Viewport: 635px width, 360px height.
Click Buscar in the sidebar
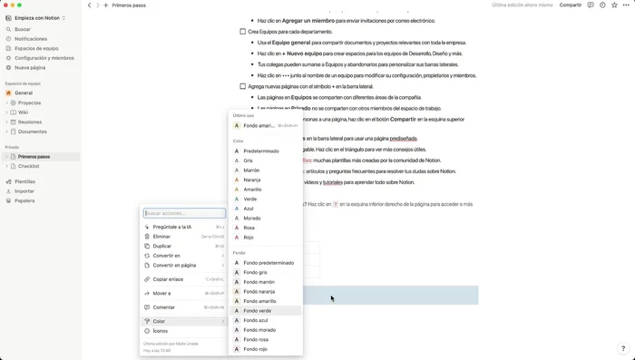[23, 29]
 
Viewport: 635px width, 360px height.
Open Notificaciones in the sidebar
[31, 39]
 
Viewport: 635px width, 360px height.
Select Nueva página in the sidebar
[30, 67]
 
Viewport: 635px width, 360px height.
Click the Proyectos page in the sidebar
[30, 102]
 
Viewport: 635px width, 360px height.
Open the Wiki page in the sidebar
[24, 112]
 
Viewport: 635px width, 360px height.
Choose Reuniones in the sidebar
[30, 122]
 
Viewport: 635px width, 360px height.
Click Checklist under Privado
[28, 166]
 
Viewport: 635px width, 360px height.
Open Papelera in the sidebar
[24, 200]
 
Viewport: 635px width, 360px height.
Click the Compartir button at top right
[571, 5]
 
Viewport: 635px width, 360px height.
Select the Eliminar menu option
[161, 237]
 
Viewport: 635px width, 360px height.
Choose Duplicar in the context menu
[162, 246]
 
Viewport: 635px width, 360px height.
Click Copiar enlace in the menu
[168, 279]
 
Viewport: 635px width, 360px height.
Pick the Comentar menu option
[163, 307]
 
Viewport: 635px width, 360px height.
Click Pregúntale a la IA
[172, 227]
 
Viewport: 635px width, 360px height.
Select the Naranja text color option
[251, 180]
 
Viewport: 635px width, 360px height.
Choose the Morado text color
[251, 218]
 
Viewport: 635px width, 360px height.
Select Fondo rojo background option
[256, 349]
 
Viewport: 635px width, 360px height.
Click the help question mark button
[622, 348]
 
